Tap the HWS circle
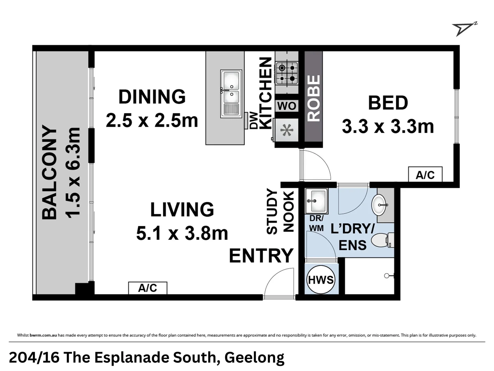[x=321, y=280]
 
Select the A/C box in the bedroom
[x=425, y=175]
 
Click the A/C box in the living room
[x=148, y=288]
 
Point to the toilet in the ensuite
[x=383, y=240]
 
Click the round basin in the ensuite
[x=380, y=205]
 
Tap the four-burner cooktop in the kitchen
[x=287, y=73]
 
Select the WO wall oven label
[x=286, y=106]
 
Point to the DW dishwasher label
[x=254, y=120]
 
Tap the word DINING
[x=152, y=97]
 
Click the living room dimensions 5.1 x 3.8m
[x=182, y=234]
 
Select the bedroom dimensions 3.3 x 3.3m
[x=388, y=126]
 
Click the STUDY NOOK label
[x=280, y=212]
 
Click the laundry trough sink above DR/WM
[x=316, y=201]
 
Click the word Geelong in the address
[x=254, y=358]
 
